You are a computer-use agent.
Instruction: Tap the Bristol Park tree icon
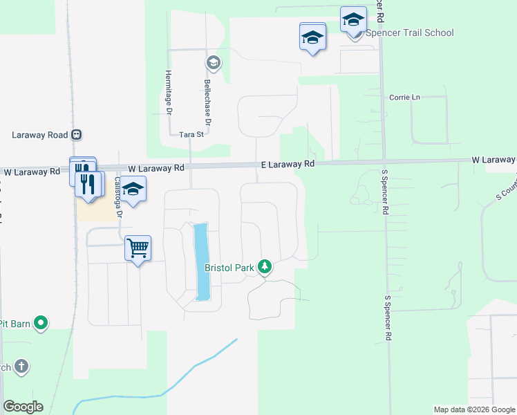[x=263, y=266]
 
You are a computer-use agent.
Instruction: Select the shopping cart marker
[x=138, y=247]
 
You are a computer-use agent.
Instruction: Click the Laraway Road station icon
[x=77, y=135]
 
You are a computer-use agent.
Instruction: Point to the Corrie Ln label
[x=404, y=98]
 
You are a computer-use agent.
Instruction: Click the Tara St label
[x=191, y=135]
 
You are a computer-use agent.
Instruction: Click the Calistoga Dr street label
[x=117, y=196]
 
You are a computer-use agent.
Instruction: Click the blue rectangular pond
[x=202, y=261]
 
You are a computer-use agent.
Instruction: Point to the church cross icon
[x=21, y=367]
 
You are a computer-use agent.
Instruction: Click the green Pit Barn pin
[x=41, y=323]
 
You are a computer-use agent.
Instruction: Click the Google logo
[x=23, y=407]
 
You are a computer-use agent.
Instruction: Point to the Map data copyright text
[x=474, y=409]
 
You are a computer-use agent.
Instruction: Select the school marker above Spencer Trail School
[x=353, y=19]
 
